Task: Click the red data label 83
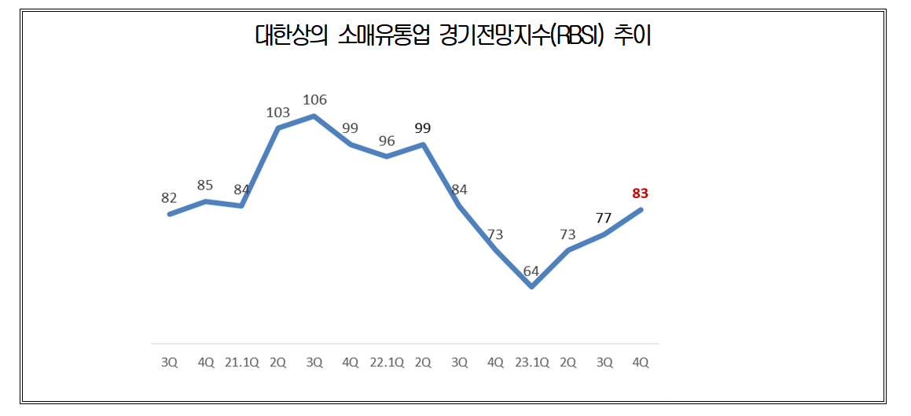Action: [640, 193]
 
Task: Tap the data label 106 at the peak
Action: [314, 100]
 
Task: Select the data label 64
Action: [531, 272]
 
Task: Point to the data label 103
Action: [278, 112]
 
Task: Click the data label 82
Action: [169, 198]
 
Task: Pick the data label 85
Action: [205, 186]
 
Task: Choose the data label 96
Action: [387, 141]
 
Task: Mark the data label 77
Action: [604, 218]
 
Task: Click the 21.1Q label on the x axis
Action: [241, 363]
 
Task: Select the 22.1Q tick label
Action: [387, 363]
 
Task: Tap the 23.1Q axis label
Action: [531, 363]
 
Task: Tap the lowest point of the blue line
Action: [532, 287]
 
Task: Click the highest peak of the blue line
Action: [314, 116]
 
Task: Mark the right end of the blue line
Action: [641, 209]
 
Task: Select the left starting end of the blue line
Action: [169, 214]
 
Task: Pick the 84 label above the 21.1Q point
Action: [241, 189]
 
